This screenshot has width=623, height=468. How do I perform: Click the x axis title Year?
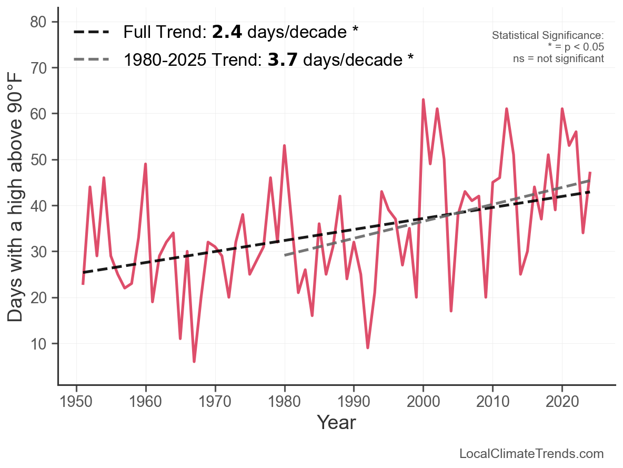(x=336, y=422)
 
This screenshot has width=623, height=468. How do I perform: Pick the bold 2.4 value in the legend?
(x=227, y=33)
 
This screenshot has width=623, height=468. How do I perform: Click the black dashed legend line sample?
(x=92, y=33)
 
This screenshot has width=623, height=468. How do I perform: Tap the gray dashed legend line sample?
(x=92, y=59)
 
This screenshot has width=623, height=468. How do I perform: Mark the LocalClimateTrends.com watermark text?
(x=531, y=454)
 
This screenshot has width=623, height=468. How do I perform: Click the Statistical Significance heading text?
(x=548, y=36)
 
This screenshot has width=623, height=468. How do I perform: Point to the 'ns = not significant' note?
(x=558, y=58)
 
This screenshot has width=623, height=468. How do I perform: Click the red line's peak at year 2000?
(x=423, y=99)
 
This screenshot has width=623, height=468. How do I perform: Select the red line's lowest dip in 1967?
(x=194, y=362)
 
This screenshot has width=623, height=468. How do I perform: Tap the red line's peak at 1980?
(x=284, y=146)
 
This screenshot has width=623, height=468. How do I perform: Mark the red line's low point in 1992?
(x=368, y=348)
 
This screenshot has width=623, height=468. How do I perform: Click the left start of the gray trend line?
(x=285, y=255)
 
